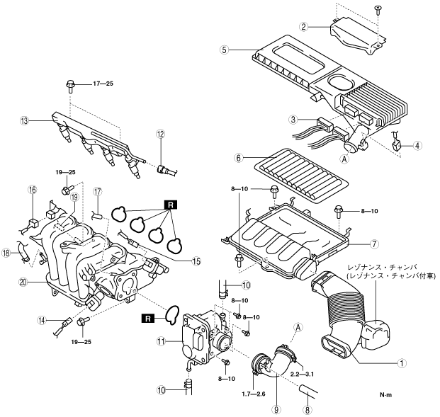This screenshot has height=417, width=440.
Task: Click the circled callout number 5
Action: click(224, 50)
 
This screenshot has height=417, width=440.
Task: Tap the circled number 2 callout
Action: click(303, 27)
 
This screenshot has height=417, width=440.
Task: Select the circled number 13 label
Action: click(24, 121)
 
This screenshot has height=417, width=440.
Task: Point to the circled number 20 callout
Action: click(23, 282)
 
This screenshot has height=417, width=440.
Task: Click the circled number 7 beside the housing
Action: click(374, 244)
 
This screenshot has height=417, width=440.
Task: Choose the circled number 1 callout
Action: click(402, 363)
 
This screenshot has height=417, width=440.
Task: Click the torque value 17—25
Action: click(103, 84)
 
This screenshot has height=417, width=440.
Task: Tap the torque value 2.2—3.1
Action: click(302, 374)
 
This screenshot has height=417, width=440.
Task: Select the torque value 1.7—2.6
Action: click(254, 394)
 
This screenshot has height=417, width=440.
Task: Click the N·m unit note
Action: click(386, 395)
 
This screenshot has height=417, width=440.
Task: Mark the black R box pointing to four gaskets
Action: click(171, 205)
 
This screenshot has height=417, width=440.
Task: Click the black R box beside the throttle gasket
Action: click(148, 319)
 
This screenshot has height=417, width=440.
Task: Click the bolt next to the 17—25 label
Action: click(70, 86)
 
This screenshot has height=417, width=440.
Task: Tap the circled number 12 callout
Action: click(161, 134)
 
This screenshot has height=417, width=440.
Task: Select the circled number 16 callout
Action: click(33, 190)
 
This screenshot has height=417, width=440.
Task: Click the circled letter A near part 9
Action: click(298, 327)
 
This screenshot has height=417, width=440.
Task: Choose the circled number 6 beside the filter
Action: click(239, 158)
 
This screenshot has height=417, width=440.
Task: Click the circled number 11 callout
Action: click(161, 341)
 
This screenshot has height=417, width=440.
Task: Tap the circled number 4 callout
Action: click(417, 146)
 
